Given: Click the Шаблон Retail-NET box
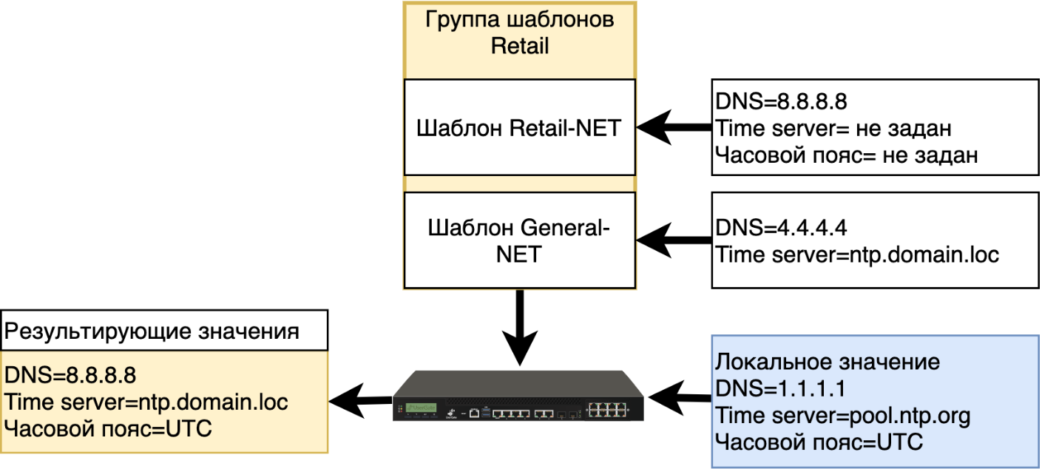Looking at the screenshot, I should (x=519, y=128).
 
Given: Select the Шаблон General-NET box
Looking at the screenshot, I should (x=519, y=240).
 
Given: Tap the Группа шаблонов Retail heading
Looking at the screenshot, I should (x=519, y=32).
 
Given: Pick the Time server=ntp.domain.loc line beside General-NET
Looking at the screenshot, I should (x=857, y=255).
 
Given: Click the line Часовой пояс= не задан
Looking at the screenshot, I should (x=846, y=155).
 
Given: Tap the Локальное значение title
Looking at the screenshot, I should (x=827, y=362).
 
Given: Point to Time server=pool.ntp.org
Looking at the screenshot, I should (x=842, y=416).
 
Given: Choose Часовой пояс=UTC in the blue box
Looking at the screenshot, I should (x=819, y=442).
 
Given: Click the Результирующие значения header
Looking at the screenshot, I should (x=152, y=331).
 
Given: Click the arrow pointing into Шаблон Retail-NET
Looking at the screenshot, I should (x=673, y=128).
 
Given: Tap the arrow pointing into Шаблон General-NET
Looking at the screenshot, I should (x=673, y=240).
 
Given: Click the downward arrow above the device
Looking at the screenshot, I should (x=520, y=325).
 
